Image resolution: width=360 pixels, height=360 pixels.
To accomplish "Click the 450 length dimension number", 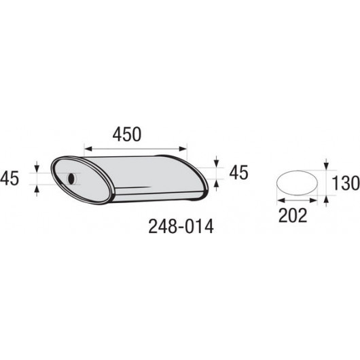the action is click(x=127, y=134).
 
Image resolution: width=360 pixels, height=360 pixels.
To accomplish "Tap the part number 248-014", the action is click(x=181, y=226).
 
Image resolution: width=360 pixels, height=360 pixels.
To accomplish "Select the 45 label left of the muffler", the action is click(x=10, y=178).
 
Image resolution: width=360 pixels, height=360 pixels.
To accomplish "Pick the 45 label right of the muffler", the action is click(x=238, y=173).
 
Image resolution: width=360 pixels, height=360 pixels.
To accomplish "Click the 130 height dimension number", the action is click(x=346, y=183).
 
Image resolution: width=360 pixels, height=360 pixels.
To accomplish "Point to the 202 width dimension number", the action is click(x=293, y=215).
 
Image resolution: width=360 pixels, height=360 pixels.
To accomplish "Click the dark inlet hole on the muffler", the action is click(x=71, y=179).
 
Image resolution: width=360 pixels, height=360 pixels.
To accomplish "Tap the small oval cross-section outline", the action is click(x=298, y=183).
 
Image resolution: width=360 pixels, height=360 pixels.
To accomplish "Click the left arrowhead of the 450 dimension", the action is click(x=88, y=149).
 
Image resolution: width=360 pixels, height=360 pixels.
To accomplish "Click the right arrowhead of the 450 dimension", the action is click(x=183, y=149).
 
